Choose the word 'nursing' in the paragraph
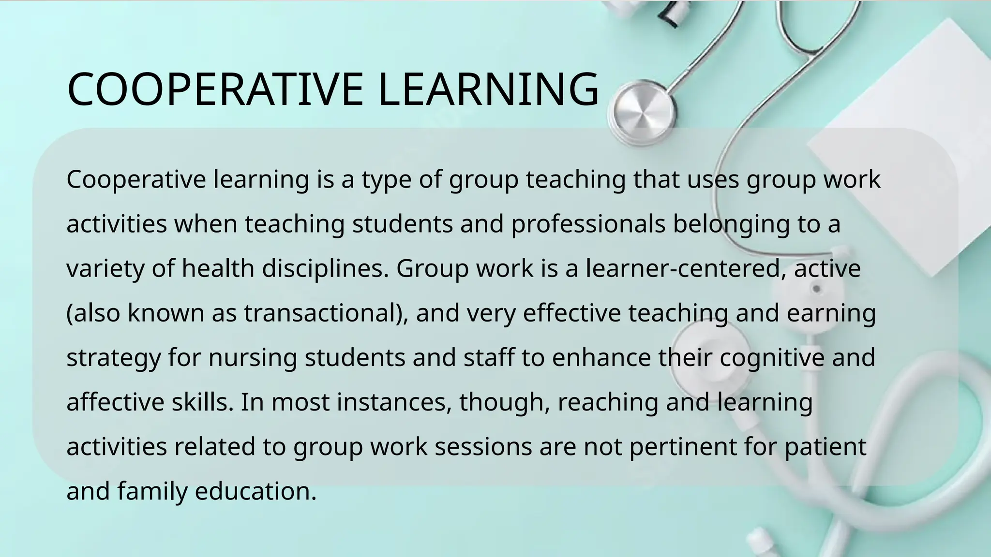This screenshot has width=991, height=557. pos(253,358)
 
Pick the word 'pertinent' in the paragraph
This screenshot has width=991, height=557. pos(683,447)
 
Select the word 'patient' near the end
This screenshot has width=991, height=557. pos(825,447)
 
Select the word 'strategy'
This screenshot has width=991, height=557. pos(113,358)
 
